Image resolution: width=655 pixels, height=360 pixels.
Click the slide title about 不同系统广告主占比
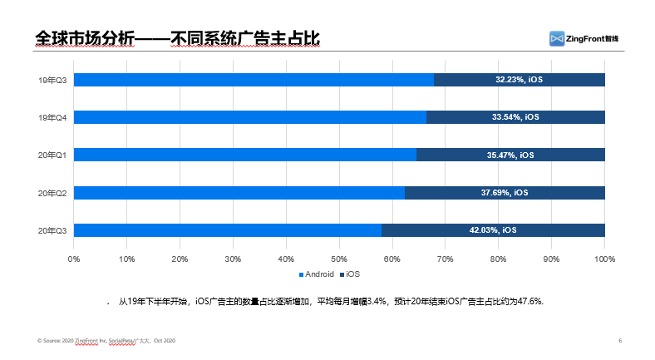[178, 38]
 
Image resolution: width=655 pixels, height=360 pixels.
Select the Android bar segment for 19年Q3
[254, 80]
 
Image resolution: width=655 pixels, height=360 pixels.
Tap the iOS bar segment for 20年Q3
[493, 230]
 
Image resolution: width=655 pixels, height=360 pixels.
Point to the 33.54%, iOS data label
[515, 117]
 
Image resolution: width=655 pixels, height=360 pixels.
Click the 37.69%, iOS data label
[504, 193]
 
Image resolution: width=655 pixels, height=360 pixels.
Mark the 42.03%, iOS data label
[492, 230]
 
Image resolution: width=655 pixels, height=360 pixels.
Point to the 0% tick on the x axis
[74, 259]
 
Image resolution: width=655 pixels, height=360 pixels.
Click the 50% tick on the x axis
[339, 259]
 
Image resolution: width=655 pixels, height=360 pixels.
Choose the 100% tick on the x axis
[603, 259]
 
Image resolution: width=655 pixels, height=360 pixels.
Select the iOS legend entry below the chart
[362, 274]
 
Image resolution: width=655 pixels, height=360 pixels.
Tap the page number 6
[620, 341]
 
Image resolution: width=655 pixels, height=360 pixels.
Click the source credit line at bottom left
[106, 341]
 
